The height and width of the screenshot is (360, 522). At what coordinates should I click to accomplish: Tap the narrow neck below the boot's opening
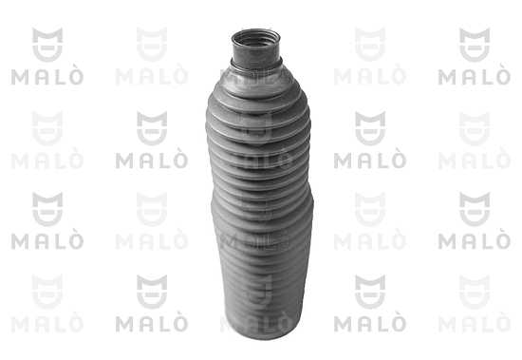[x=256, y=53]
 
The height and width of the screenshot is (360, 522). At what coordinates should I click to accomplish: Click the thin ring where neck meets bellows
[x=256, y=66]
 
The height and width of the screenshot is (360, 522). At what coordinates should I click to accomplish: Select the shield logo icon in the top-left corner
[x=47, y=45]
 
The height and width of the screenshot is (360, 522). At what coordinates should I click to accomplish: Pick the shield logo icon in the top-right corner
[x=475, y=45]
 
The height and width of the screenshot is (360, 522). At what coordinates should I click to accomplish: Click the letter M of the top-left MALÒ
[x=20, y=77]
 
